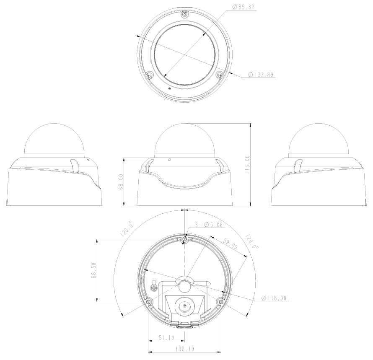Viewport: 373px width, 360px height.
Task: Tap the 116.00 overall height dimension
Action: tap(247, 164)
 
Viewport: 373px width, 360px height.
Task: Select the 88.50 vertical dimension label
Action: tap(94, 270)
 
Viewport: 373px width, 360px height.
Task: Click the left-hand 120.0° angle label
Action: tap(127, 231)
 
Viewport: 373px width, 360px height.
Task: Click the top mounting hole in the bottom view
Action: tap(184, 239)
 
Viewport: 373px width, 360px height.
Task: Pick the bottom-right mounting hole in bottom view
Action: tap(221, 302)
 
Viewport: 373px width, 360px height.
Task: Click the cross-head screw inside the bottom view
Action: tap(154, 288)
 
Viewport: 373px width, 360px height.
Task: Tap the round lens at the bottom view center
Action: tap(184, 306)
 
